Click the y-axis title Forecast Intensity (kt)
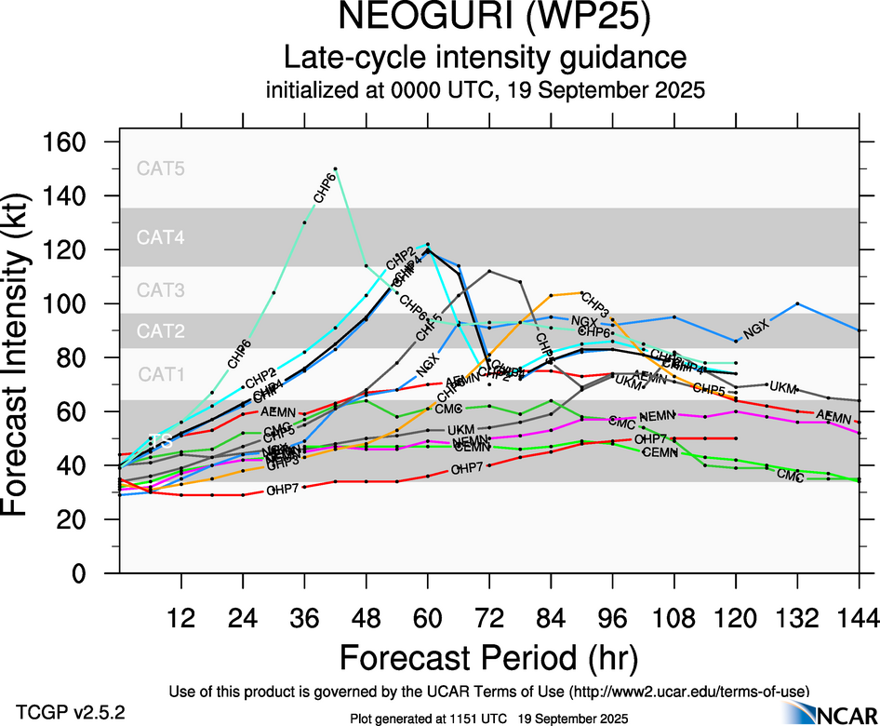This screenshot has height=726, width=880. click(25, 357)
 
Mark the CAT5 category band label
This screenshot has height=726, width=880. click(161, 168)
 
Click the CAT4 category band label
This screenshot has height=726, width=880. click(161, 237)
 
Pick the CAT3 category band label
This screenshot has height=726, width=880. click(161, 290)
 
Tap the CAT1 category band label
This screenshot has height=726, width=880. click(161, 374)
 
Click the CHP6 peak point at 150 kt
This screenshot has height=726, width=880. click(335, 168)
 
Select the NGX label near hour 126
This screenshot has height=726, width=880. click(757, 328)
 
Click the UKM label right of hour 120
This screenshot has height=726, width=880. click(783, 386)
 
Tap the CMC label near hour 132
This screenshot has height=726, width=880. click(790, 475)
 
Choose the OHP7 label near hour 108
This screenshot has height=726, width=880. click(650, 438)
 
